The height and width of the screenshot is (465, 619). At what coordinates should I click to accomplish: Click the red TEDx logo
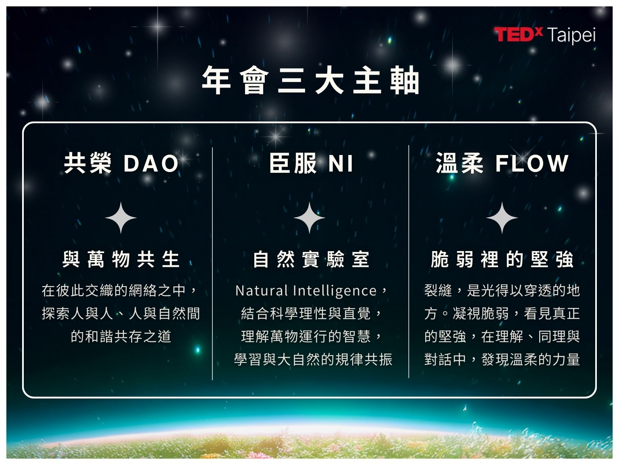click(518, 34)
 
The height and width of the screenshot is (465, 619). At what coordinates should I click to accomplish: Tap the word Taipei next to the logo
click(571, 36)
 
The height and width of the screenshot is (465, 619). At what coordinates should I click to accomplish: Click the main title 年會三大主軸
click(310, 80)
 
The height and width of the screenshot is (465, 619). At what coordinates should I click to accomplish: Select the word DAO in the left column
click(151, 163)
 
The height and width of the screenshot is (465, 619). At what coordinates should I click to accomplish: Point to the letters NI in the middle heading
click(341, 163)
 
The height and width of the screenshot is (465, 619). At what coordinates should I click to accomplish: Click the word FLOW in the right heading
click(532, 163)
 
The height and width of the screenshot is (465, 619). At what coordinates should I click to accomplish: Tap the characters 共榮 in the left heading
click(88, 163)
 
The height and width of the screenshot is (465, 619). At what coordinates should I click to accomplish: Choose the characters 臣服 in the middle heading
click(293, 163)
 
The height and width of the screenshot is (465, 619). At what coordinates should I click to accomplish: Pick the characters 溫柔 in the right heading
click(460, 163)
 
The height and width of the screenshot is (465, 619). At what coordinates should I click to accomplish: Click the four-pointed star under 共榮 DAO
click(121, 218)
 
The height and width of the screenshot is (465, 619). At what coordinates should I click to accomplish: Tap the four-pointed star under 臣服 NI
click(309, 218)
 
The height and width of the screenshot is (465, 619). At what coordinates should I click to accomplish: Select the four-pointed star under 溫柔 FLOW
click(502, 218)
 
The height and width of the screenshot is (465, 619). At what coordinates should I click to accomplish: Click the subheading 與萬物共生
click(121, 259)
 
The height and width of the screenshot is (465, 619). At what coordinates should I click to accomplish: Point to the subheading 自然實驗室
click(311, 259)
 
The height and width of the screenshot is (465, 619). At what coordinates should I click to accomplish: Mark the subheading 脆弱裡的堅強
click(502, 259)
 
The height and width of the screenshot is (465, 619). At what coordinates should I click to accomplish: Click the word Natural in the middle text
click(262, 291)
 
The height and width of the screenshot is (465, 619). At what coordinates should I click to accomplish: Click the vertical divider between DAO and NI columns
click(212, 264)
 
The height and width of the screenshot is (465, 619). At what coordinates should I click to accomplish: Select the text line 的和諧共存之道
click(121, 337)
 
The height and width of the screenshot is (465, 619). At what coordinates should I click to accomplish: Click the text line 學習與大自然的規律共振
click(313, 360)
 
